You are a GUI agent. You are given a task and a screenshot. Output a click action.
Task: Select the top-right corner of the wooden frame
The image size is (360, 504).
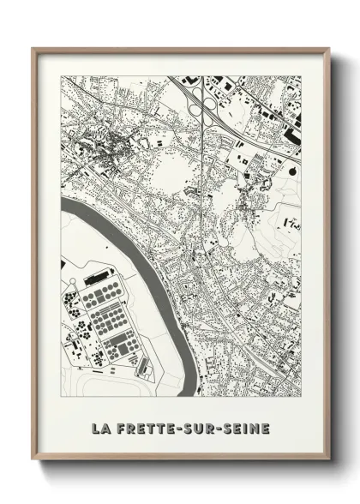(328, 49)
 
